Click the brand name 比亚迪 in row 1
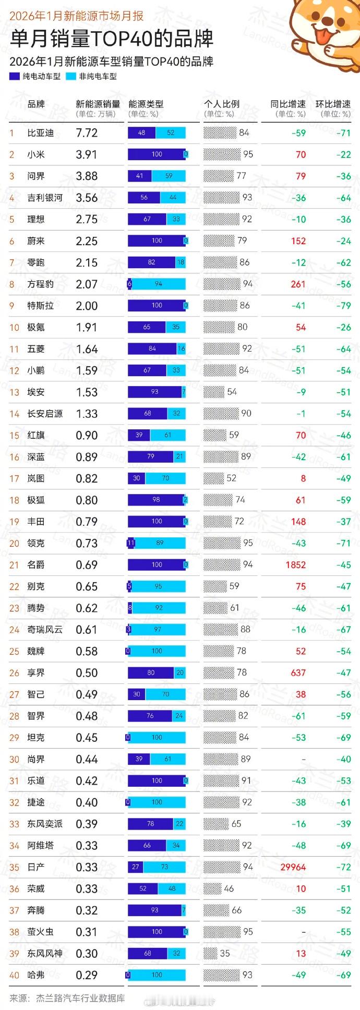[40, 133]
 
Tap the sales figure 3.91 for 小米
[87, 155]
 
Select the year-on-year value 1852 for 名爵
[295, 565]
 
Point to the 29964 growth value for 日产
[293, 867]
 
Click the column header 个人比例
[222, 104]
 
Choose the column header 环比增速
[333, 104]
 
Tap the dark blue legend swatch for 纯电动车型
[15, 76]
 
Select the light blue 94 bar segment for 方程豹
[159, 284]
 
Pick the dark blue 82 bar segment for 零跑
[151, 262]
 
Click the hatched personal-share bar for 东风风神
[210, 954]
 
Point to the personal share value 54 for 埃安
[232, 392]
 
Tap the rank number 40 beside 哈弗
[14, 976]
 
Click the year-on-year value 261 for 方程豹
[298, 284]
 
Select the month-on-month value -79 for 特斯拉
[343, 306]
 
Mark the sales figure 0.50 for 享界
[87, 673]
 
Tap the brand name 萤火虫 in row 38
[40, 932]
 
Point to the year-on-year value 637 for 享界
[298, 673]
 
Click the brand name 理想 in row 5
[36, 220]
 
